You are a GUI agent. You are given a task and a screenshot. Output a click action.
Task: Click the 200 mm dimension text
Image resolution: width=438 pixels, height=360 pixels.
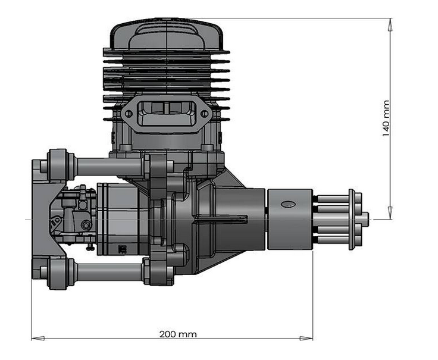[x=178, y=334]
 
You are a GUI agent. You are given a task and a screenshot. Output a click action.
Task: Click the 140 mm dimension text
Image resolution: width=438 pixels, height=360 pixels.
[x=385, y=118]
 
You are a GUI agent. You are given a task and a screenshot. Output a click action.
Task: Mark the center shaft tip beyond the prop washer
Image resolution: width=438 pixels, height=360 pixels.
[x=364, y=218]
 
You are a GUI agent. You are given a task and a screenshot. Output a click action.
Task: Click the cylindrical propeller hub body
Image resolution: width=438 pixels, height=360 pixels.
[x=290, y=218]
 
